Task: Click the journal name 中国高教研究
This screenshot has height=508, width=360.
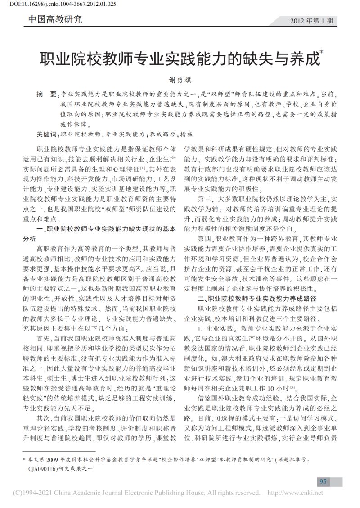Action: click(55, 19)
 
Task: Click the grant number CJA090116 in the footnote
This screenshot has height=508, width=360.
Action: click(43, 469)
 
